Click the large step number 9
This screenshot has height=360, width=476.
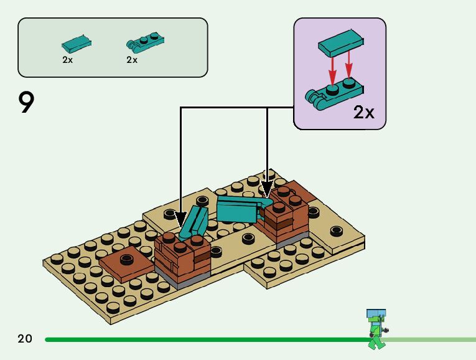26,103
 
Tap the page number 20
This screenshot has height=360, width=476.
25,339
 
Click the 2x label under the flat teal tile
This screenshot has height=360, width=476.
67,60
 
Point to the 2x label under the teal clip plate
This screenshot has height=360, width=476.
132,60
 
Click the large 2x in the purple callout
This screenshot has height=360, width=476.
363,112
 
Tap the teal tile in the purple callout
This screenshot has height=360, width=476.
340,43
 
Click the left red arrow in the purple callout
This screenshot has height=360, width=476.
332,70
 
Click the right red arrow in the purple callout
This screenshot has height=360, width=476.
349,67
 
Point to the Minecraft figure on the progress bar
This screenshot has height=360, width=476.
375,328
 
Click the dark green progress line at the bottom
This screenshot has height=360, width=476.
205,339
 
